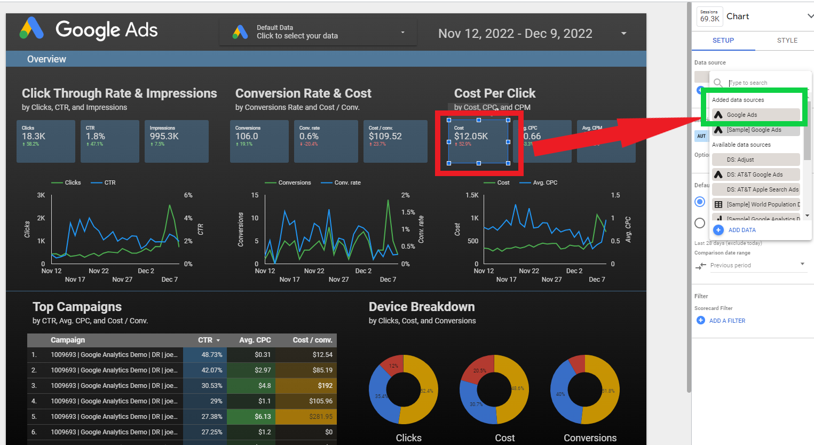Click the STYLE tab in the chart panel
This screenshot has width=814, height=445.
(787, 41)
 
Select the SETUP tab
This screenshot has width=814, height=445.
(723, 41)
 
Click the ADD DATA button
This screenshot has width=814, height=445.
(741, 230)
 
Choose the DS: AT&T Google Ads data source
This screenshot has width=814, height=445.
(755, 174)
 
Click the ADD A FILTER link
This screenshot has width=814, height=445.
(726, 321)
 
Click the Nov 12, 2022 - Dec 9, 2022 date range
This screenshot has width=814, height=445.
(515, 34)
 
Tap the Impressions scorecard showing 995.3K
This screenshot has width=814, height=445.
(176, 141)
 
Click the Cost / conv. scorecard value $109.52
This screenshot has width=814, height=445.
(385, 137)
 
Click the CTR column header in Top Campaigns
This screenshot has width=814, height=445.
(206, 340)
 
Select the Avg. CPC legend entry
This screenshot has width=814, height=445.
(544, 182)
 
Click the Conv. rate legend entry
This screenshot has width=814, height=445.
(347, 182)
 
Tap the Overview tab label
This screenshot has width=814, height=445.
(47, 59)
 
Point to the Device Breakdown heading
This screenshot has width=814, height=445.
(422, 307)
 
